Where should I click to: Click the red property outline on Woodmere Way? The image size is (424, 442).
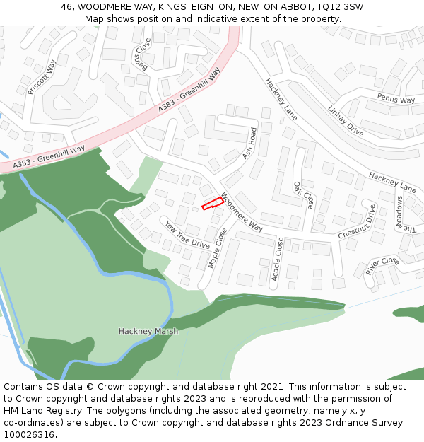(x=213, y=204)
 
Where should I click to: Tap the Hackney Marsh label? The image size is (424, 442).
(x=148, y=331)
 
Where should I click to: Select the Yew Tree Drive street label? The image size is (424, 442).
(x=187, y=235)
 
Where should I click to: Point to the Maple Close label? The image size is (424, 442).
(x=218, y=248)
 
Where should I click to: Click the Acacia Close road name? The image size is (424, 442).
(x=278, y=259)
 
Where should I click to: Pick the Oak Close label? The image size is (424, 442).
(x=304, y=194)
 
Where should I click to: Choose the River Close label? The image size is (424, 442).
(x=382, y=266)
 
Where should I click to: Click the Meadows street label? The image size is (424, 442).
(x=401, y=215)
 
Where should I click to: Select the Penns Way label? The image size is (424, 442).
(x=396, y=99)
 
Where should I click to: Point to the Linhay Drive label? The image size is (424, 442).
(x=346, y=122)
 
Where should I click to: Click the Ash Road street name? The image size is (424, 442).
(x=249, y=143)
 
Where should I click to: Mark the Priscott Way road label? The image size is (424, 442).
(x=41, y=77)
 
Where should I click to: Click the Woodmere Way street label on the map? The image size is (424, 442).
(x=242, y=212)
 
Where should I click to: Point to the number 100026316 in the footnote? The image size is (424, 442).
(x=29, y=435)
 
